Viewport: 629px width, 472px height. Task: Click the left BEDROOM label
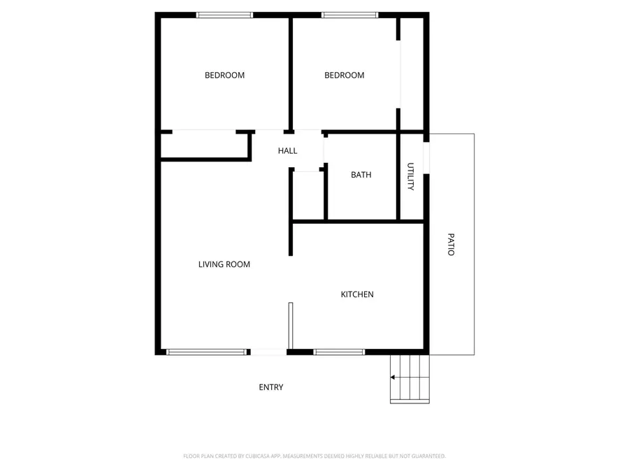point(224,76)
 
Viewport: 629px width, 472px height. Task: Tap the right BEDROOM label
point(345,76)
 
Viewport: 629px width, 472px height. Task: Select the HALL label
point(287,151)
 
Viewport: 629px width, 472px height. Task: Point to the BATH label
point(361,175)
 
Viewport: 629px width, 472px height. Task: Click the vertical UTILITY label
point(411,177)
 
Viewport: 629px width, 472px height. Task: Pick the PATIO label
point(451,244)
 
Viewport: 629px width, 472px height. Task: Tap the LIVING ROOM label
point(224,264)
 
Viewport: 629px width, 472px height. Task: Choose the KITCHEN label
point(357,294)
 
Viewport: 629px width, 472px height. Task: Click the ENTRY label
point(271,387)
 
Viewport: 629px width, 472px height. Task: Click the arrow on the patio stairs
point(393,378)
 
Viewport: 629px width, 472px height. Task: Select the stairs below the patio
point(410,378)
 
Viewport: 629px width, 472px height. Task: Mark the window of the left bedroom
point(224,15)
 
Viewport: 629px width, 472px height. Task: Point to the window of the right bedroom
point(349,15)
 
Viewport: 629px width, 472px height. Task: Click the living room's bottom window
point(206,352)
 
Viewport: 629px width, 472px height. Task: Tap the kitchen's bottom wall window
point(339,352)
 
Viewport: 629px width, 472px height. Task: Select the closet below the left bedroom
point(204,145)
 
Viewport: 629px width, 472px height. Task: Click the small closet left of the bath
point(308,195)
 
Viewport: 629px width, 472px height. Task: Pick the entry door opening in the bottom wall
point(268,352)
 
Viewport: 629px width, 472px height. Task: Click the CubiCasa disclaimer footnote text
point(314,456)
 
